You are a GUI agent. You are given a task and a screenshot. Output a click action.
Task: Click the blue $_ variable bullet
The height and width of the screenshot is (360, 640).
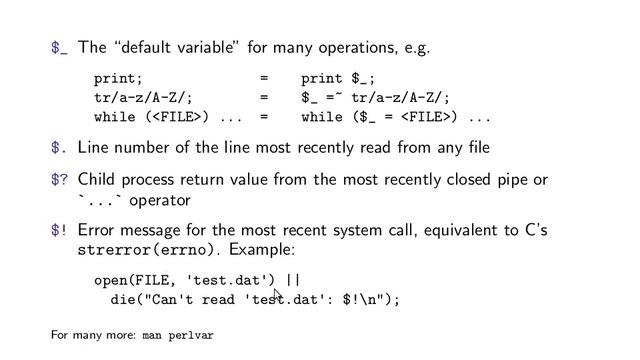(60, 47)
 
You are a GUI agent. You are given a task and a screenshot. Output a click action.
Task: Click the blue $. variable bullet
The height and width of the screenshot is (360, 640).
(60, 149)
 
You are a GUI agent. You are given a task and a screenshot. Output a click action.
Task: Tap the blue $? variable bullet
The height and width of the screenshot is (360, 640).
(60, 180)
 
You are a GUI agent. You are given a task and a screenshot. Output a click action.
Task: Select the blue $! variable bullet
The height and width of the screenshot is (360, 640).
(60, 231)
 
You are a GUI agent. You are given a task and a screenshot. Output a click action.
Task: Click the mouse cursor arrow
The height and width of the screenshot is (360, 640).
(277, 294)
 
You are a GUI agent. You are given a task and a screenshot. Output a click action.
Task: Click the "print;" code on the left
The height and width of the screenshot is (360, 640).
(118, 77)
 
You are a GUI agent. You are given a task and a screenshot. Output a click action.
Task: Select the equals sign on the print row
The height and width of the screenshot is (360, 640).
(264, 77)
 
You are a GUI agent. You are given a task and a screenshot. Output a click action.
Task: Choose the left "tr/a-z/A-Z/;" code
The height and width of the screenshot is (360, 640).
(143, 97)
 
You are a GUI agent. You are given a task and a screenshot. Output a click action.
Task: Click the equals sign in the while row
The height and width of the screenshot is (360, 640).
(264, 117)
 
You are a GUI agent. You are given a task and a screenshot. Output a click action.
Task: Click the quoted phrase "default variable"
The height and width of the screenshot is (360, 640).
(174, 47)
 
